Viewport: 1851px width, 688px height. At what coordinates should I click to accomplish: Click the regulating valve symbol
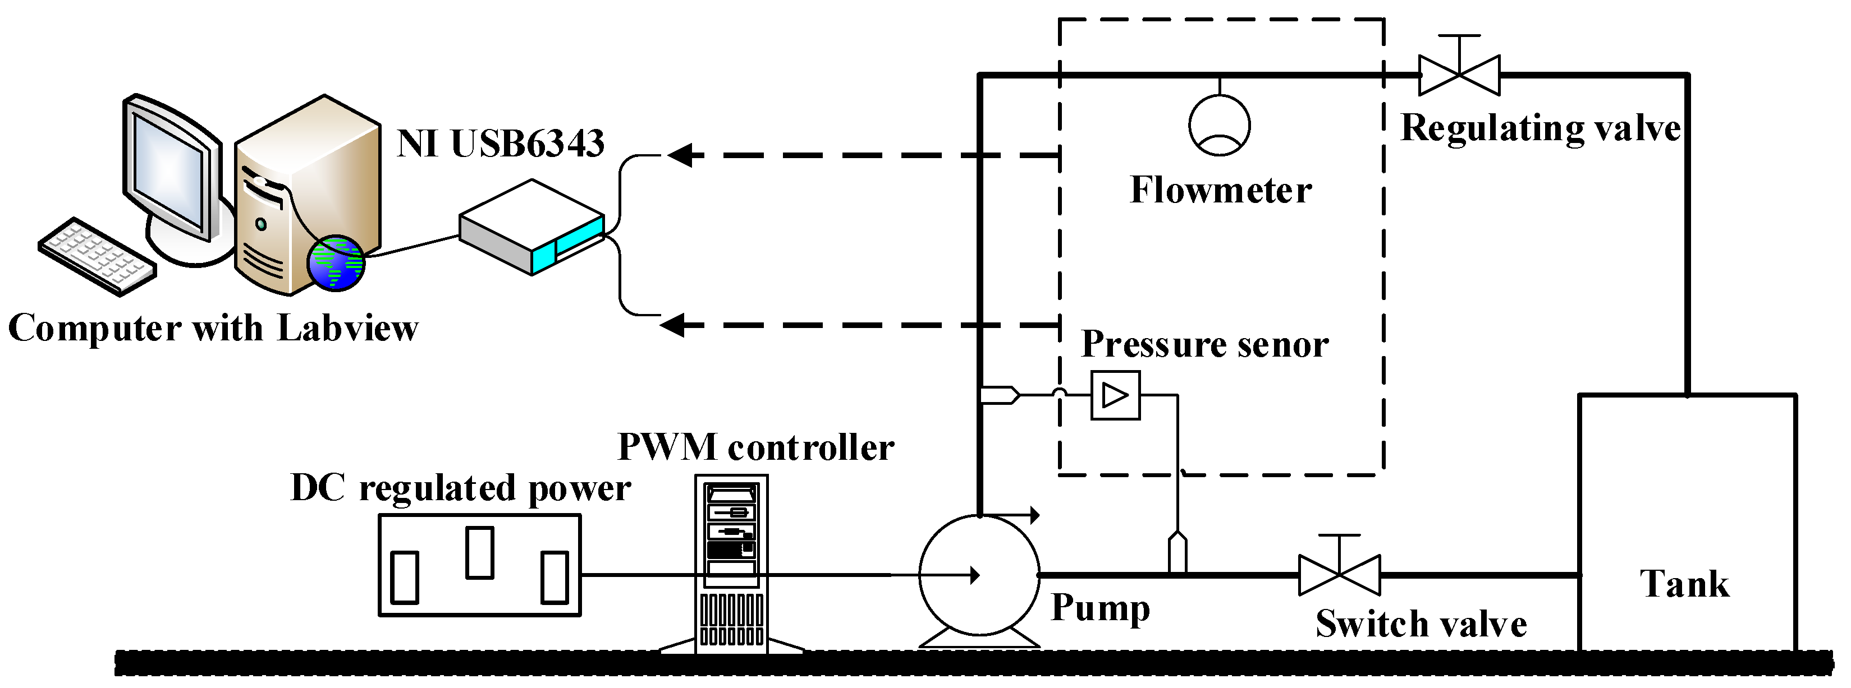[x=1459, y=75]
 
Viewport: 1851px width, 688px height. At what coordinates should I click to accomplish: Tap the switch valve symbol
[x=1339, y=575]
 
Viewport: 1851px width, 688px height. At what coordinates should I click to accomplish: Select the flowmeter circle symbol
[x=1220, y=125]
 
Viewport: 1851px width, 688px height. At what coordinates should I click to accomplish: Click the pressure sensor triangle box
[x=1115, y=395]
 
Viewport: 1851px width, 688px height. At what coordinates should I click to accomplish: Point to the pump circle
[x=979, y=575]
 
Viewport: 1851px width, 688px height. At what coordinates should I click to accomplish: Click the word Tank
[x=1684, y=583]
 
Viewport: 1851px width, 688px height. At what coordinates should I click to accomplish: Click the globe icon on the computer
[x=336, y=263]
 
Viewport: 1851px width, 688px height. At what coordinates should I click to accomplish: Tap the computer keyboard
[x=97, y=256]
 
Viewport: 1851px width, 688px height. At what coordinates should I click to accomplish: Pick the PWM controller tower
[x=731, y=564]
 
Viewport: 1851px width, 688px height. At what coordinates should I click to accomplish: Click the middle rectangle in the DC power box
[x=479, y=552]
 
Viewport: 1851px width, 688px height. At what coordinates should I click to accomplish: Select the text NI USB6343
[x=501, y=144]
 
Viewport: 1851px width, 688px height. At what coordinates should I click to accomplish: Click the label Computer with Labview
[x=213, y=328]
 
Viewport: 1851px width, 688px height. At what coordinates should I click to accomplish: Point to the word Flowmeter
[x=1221, y=190]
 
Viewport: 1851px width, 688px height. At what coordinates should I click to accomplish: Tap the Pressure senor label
[x=1205, y=344]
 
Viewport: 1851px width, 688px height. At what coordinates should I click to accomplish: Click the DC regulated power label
[x=461, y=488]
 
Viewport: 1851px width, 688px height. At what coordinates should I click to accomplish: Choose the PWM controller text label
[x=756, y=447]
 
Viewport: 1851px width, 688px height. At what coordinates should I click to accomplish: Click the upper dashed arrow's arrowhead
[x=680, y=154]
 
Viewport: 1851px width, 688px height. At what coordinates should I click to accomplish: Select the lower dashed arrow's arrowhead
[x=672, y=325]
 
